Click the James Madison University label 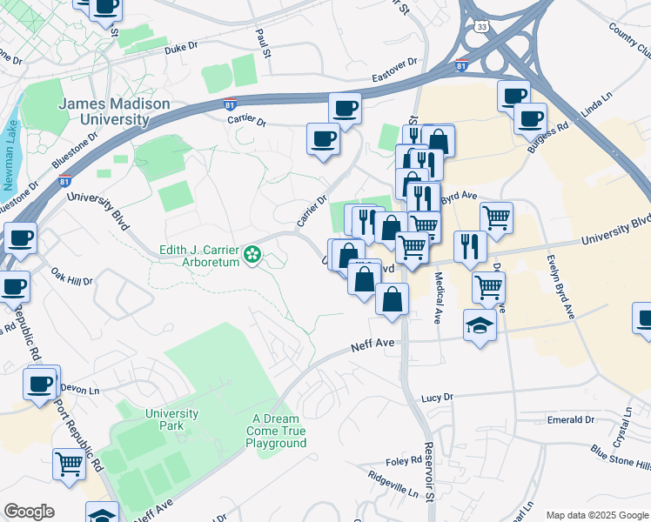coord(114,111)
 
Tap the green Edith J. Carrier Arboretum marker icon coord(252,255)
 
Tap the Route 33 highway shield coord(482,28)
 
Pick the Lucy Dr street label coord(437,397)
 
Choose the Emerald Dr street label coord(571,419)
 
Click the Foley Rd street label coord(404,461)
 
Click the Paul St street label coord(264,38)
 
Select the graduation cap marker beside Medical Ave coord(479,325)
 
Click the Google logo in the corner coord(29,512)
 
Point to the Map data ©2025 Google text coord(595,515)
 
